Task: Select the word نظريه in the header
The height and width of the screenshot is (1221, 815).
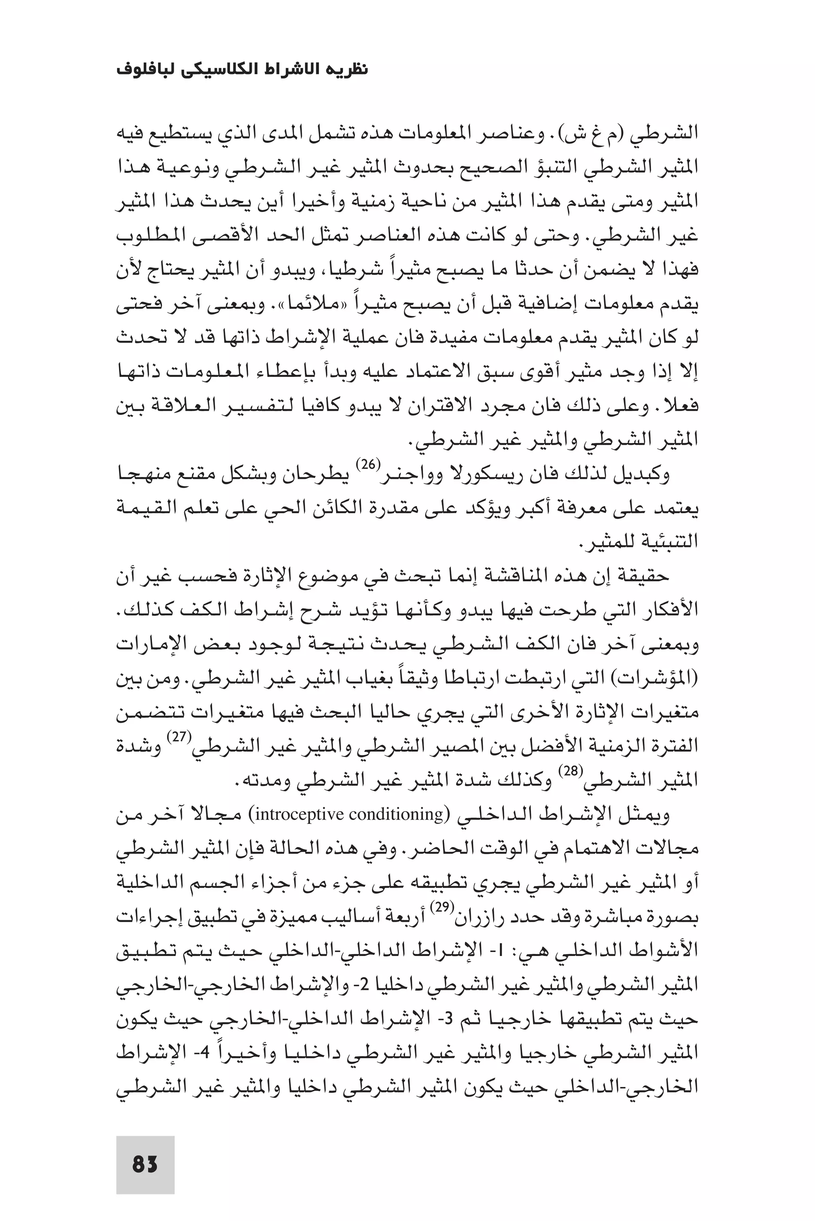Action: pyautogui.click(x=349, y=70)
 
